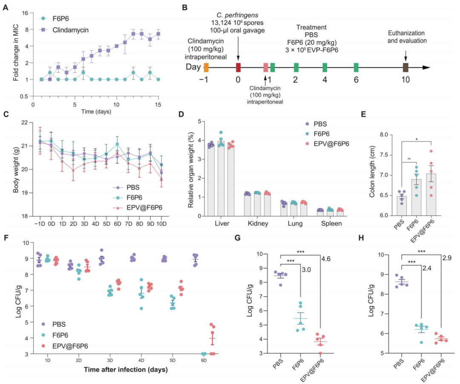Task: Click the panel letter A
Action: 6,7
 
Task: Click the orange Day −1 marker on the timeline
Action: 207,67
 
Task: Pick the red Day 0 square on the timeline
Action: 238,67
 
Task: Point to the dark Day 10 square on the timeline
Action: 405,67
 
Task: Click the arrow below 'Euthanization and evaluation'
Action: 405,55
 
